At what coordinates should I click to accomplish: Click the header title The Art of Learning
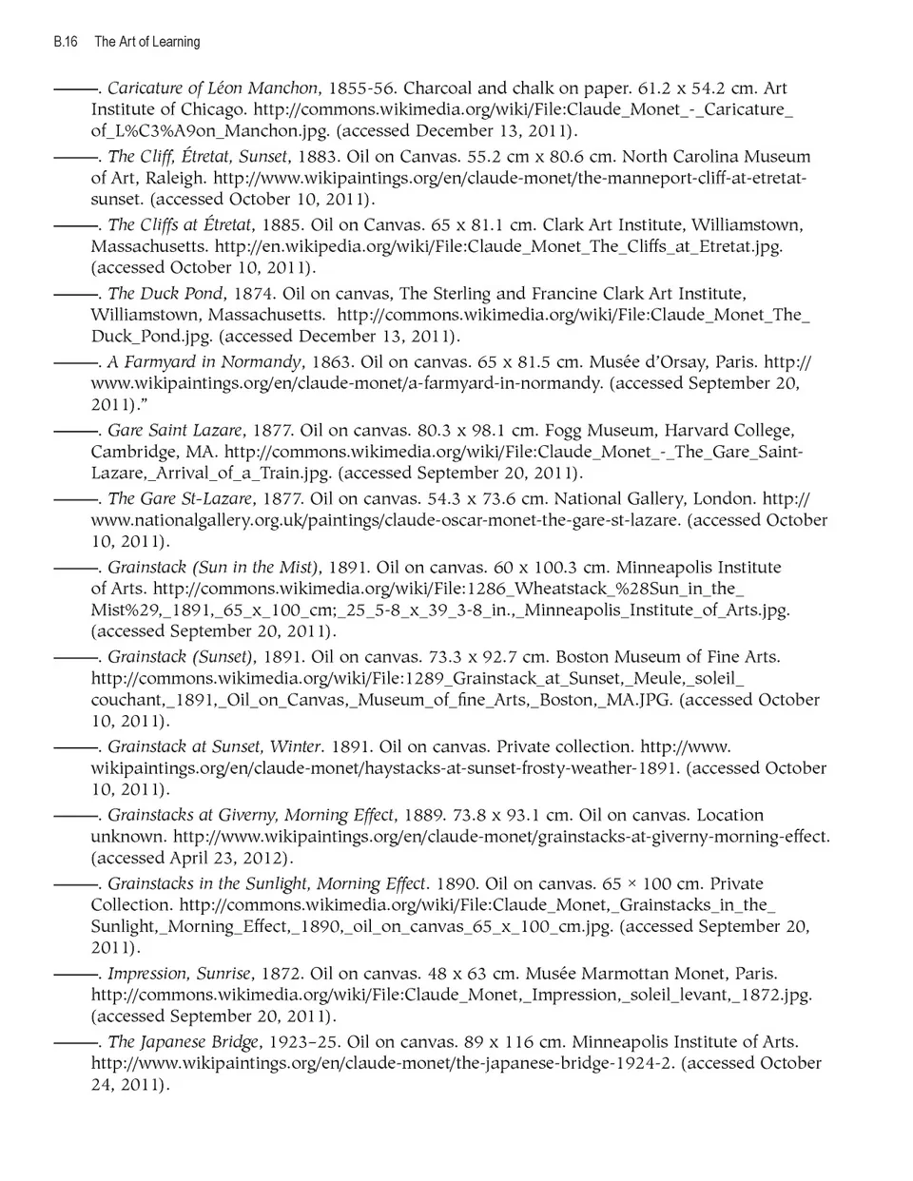(147, 42)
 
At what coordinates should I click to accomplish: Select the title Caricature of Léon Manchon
(212, 88)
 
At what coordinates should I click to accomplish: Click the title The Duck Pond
(165, 294)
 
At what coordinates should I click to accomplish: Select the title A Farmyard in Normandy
(204, 362)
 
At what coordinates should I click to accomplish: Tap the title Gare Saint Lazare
(175, 431)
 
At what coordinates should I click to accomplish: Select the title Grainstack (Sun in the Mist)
(213, 568)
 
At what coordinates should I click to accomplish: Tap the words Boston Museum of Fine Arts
(667, 657)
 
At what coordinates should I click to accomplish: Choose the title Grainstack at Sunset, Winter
(215, 747)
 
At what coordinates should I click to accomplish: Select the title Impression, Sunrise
(180, 974)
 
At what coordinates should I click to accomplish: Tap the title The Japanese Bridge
(183, 1042)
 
